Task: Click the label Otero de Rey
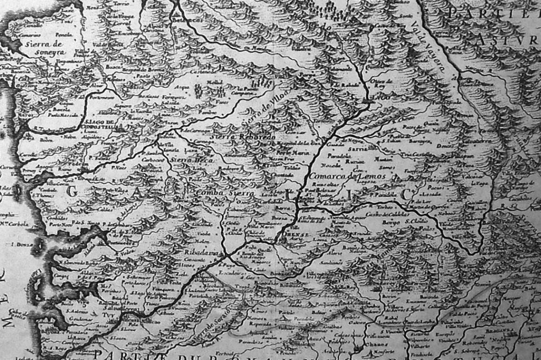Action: [382, 82]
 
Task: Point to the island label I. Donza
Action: [23, 243]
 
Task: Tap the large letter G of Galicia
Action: [72, 192]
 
